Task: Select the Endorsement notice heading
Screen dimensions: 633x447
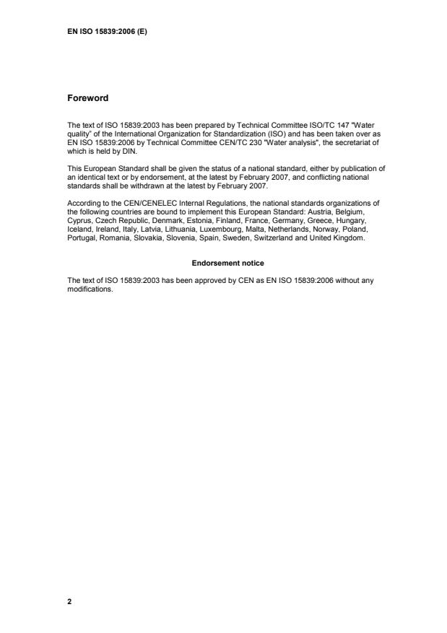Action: [x=223, y=263]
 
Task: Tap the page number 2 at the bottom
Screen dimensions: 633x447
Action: [x=69, y=601]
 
